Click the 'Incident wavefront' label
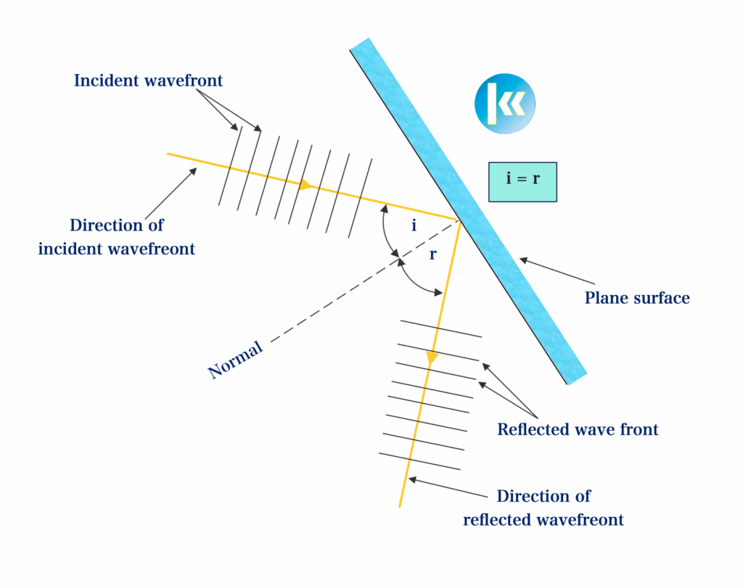148,80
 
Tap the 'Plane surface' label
637,298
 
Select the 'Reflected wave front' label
578,429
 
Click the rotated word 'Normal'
236,360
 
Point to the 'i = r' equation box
522,182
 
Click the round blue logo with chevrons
505,104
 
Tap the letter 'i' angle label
414,225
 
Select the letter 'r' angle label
432,255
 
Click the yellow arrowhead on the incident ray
305,185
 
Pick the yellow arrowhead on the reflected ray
431,358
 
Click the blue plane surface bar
468,211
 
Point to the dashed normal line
364,281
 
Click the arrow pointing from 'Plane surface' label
557,271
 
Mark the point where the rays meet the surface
459,220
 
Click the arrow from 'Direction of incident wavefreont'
171,194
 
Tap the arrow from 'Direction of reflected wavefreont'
448,488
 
